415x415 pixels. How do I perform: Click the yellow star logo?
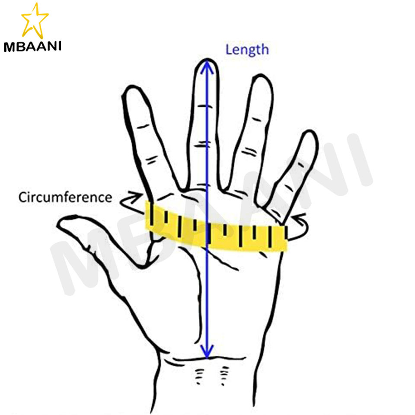[x=34, y=20]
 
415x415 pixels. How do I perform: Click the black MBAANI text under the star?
[x=32, y=46]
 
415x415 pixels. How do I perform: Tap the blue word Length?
[x=247, y=49]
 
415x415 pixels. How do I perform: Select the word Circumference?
[x=65, y=198]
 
